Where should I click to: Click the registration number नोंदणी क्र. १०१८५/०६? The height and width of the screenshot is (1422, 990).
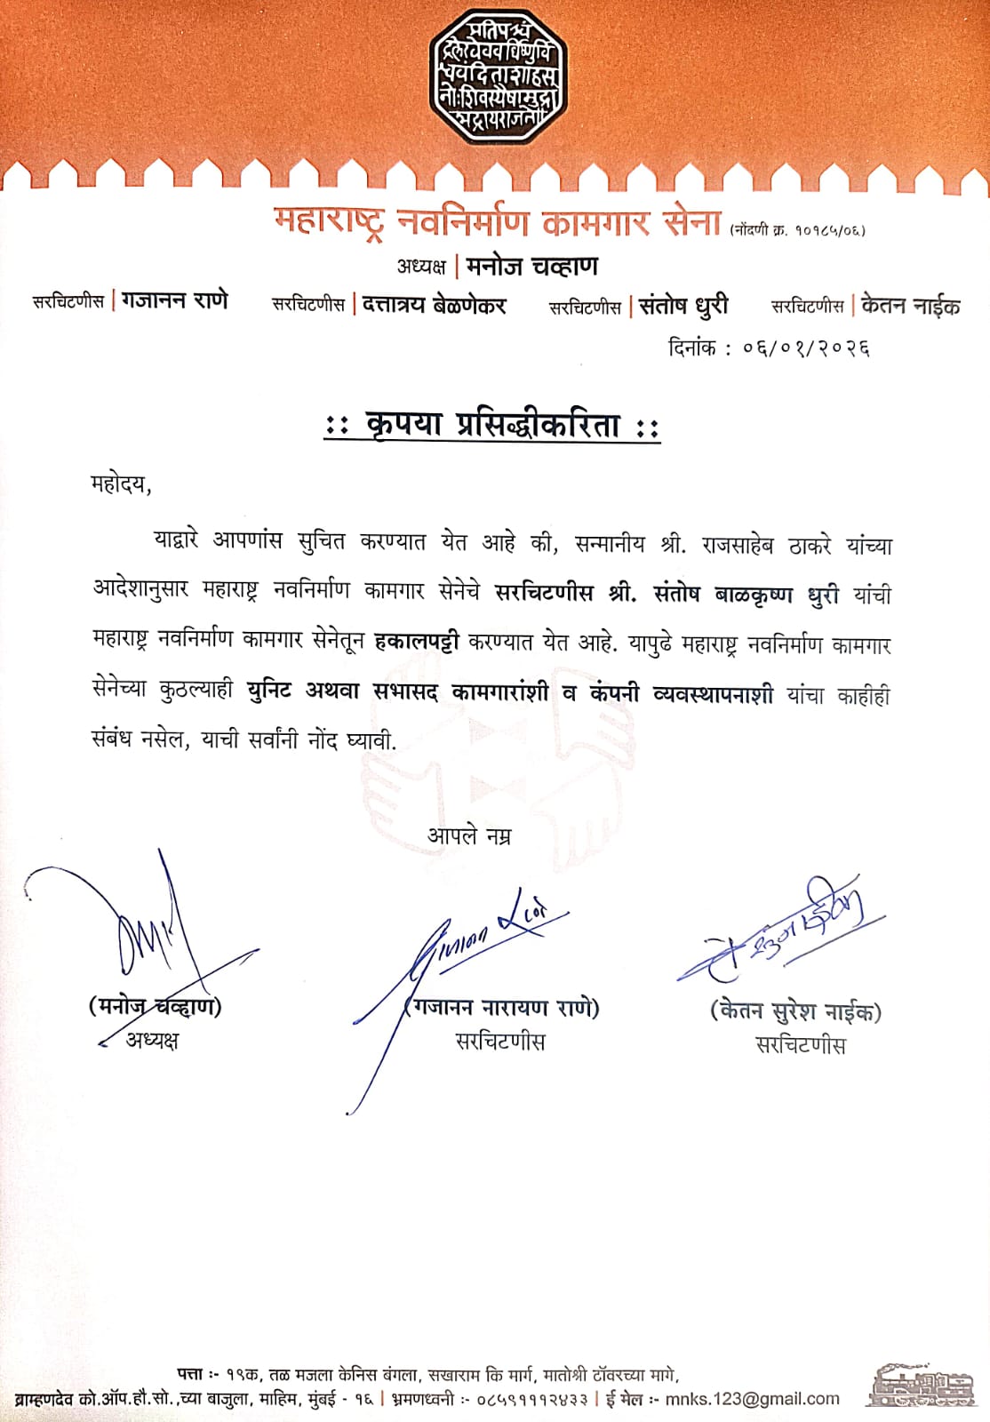(x=797, y=230)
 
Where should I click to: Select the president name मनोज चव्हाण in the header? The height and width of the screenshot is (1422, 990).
(x=531, y=267)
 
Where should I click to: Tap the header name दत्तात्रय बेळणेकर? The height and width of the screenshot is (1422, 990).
(x=435, y=305)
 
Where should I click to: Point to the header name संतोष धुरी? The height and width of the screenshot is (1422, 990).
(x=683, y=306)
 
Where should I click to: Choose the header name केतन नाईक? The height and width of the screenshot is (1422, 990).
(x=911, y=306)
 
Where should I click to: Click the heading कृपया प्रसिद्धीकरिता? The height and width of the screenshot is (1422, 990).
(x=492, y=426)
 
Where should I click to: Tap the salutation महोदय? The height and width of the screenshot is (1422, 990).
(x=121, y=485)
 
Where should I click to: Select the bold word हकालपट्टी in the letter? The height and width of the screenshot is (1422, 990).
(x=417, y=641)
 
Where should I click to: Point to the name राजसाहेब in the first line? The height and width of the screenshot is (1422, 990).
(x=738, y=544)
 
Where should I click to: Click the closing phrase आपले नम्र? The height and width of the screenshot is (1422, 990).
(x=469, y=836)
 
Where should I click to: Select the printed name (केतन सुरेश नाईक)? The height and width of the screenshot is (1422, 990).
(x=795, y=1011)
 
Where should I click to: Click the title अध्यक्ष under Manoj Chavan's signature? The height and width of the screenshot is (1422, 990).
(x=152, y=1040)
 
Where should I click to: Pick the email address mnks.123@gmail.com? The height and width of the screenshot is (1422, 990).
(x=752, y=1399)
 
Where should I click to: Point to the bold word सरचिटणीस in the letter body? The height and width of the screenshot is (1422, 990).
(x=544, y=594)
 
